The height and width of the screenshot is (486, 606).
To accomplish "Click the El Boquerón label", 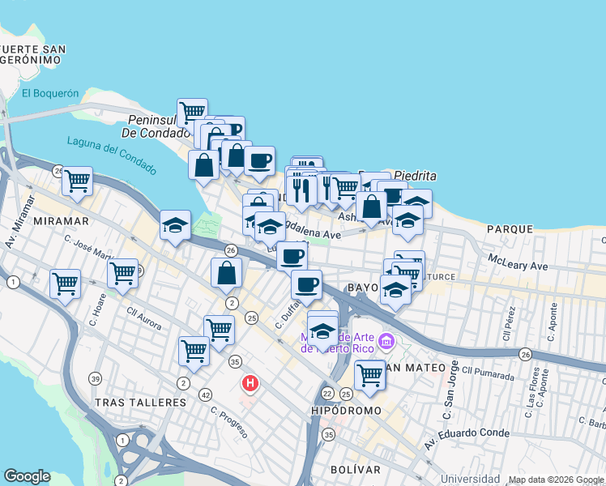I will [50, 93].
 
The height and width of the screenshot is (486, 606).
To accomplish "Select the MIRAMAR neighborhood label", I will [57, 221].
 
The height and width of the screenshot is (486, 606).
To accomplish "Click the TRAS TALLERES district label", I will [140, 403].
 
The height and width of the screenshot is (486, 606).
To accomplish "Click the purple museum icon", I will [386, 342].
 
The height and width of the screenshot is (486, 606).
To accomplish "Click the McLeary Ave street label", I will [518, 262].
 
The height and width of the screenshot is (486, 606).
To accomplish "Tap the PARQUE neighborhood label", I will [510, 229].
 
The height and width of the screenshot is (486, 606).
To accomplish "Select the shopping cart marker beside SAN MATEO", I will [369, 374].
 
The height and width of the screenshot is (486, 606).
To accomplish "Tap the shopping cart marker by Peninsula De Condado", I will [192, 111].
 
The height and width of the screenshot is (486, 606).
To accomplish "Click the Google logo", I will [27, 476].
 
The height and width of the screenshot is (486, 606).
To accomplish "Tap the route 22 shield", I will [327, 393].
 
